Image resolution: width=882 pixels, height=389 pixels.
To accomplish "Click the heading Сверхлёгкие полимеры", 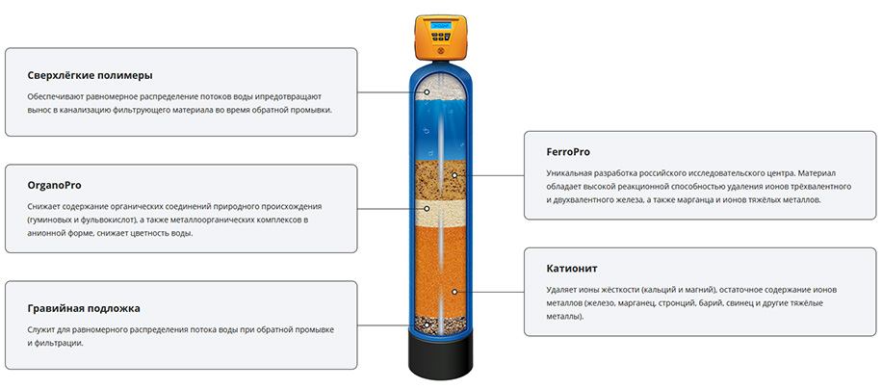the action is click(90, 75).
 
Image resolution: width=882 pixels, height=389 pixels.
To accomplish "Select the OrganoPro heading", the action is click(55, 185).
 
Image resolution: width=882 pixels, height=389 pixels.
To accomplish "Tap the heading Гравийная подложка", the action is click(84, 309).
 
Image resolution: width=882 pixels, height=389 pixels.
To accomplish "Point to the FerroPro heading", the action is click(568, 152).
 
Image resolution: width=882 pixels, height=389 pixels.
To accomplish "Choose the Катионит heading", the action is click(572, 268).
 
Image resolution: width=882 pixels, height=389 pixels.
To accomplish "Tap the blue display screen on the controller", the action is click(440, 26).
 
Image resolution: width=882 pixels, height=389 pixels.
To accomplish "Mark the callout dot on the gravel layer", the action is click(427, 324).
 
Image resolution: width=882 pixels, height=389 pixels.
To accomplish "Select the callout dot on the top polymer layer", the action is click(427, 91).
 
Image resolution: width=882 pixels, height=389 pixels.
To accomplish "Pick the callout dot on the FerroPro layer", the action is click(454, 175).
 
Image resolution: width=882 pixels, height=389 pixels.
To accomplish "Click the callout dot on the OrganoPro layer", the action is click(427, 209).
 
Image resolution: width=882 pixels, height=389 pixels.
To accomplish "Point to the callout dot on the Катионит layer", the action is click(454, 292).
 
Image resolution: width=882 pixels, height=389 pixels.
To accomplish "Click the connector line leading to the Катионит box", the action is click(490, 292).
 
